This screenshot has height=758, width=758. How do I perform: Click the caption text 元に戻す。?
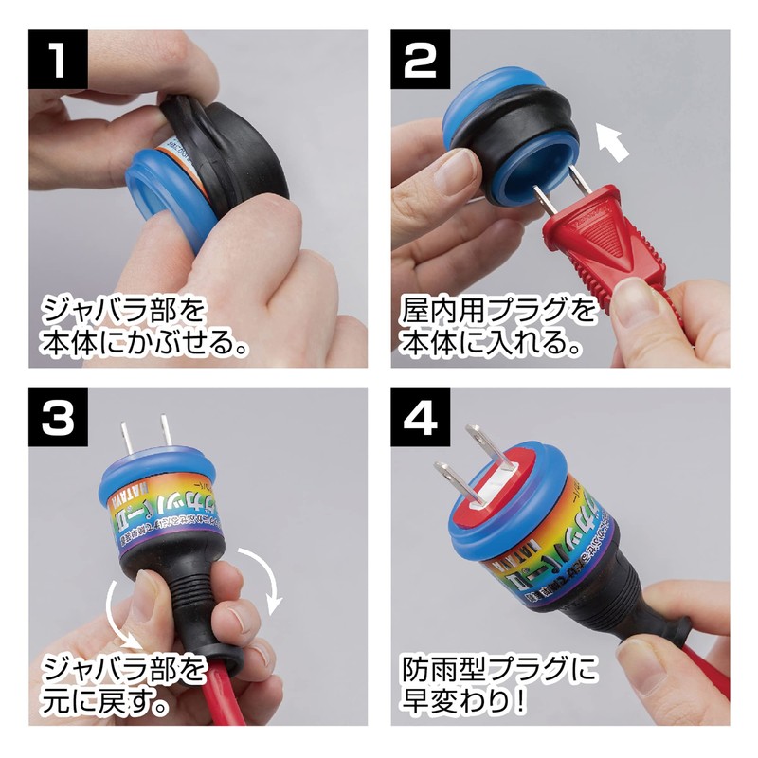tap(104, 705)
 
